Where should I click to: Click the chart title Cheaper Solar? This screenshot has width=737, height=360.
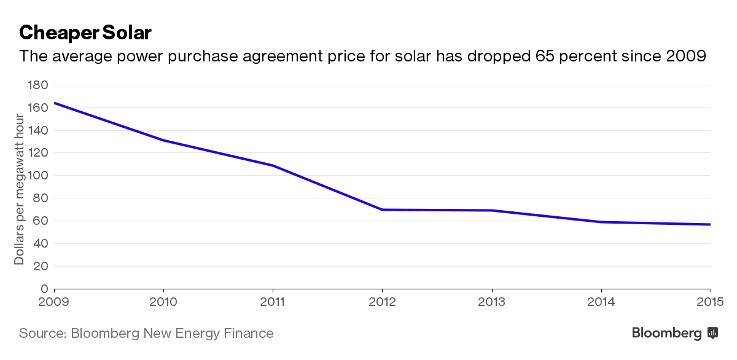pos(85,33)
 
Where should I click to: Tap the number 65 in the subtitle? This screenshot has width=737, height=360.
pos(544,56)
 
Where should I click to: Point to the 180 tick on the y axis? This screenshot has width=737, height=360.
pos(38,85)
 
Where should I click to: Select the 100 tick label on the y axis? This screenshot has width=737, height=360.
pos(38,176)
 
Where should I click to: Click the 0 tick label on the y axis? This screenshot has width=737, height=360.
pos(44,289)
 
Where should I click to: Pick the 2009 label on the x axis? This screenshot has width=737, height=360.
pos(53,302)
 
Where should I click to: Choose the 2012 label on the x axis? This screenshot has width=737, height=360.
pos(382,302)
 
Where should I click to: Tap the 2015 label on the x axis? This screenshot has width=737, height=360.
pos(710,302)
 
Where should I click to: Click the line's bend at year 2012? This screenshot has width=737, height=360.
pos(382,209)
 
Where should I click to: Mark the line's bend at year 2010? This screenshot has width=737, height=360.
pos(163,141)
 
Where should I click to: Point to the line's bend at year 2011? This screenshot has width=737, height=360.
pos(273,165)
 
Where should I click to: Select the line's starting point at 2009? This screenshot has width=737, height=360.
pos(54,103)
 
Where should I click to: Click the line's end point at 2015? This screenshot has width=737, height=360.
pos(711,224)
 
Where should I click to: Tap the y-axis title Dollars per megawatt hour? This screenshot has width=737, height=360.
pos(19,190)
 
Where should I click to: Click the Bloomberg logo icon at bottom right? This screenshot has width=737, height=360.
pos(712,333)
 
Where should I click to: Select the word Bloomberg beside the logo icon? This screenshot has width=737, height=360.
pos(667,334)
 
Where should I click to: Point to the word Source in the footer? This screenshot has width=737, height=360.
pos(43,334)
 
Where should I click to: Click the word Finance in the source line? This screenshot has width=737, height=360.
pos(249,334)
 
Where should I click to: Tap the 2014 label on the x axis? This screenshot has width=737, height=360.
pos(601,302)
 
